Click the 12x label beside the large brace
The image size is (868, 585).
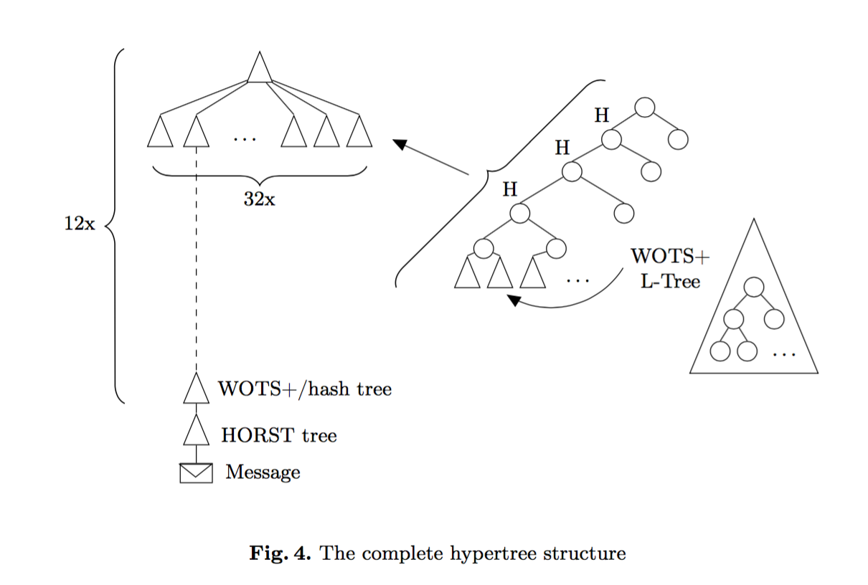79,224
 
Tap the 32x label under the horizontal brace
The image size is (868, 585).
259,199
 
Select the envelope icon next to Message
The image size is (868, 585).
196,473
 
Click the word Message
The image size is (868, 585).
263,472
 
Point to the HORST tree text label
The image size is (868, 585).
279,435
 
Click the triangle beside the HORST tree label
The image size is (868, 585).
196,432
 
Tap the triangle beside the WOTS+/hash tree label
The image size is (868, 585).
196,389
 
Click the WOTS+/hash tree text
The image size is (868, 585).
305,389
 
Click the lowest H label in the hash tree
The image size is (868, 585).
509,189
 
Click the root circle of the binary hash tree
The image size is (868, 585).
644,108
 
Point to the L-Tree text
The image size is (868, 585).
670,281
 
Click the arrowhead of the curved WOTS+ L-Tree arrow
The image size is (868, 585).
514,300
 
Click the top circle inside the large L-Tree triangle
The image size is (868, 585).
753,287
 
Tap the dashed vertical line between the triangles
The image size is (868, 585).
196,258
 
